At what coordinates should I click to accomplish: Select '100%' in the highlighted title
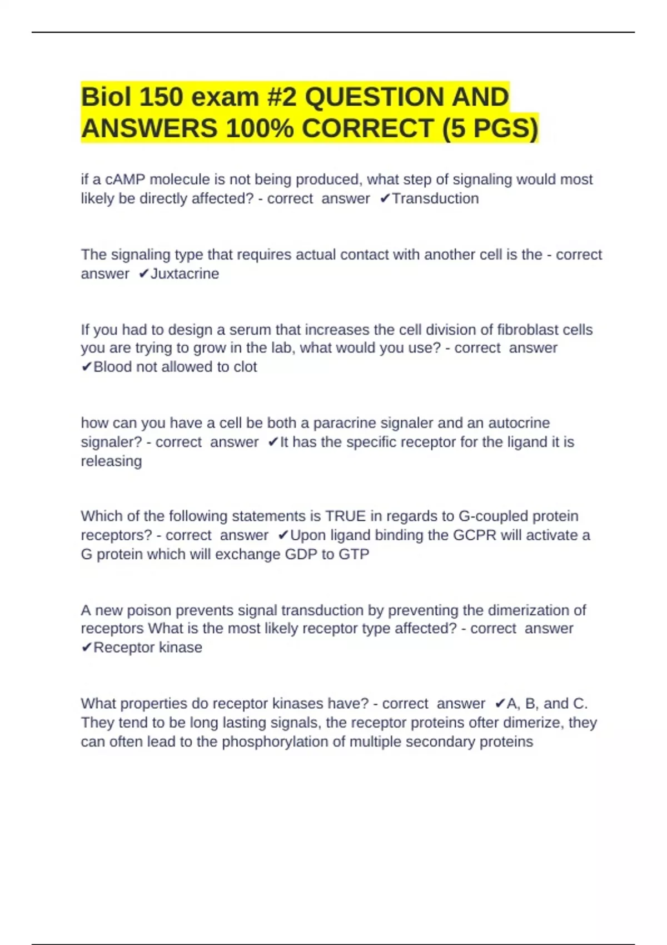pyautogui.click(x=260, y=128)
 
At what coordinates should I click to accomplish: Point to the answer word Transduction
pyautogui.click(x=435, y=198)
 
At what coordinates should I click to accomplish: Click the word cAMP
pyautogui.click(x=126, y=180)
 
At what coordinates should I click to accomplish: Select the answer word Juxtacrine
pyautogui.click(x=185, y=273)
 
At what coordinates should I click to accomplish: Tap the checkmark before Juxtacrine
pyautogui.click(x=144, y=273)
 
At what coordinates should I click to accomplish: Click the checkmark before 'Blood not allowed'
pyautogui.click(x=87, y=367)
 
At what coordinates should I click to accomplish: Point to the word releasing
pyautogui.click(x=111, y=461)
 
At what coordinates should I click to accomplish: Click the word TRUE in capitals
pyautogui.click(x=346, y=516)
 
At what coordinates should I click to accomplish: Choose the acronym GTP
pyautogui.click(x=354, y=554)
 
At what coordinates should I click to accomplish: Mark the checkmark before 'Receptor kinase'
pyautogui.click(x=87, y=648)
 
